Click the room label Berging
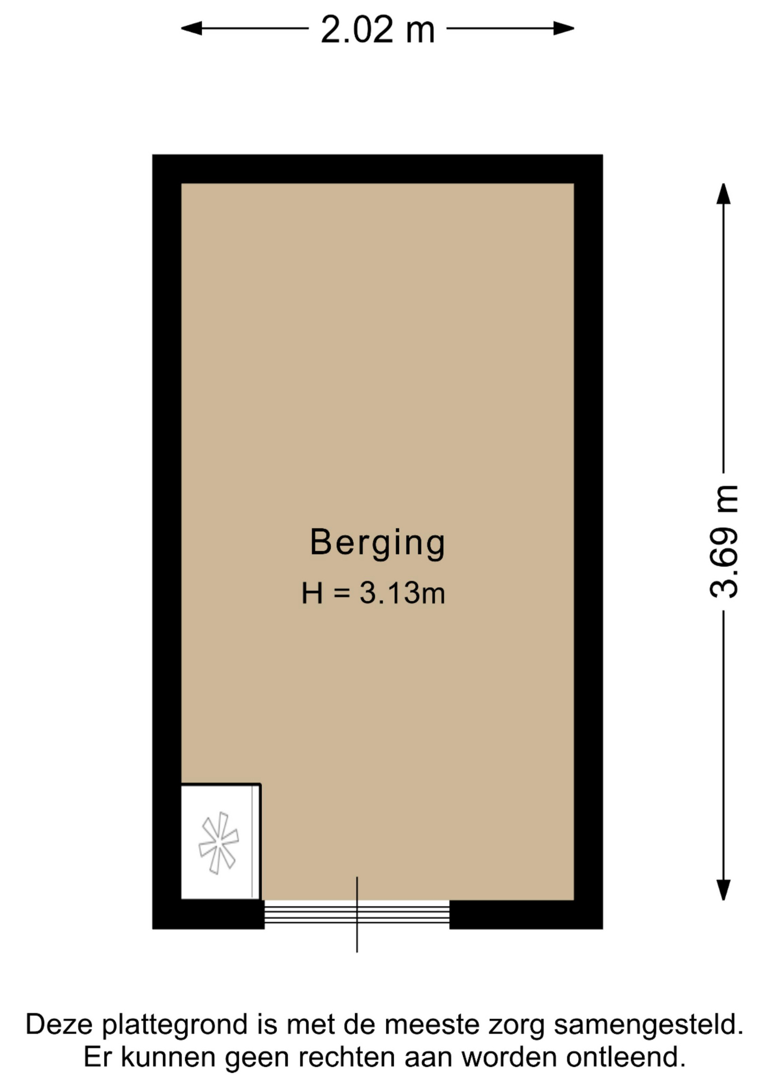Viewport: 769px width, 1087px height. [378, 543]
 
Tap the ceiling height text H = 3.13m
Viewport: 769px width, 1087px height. [373, 593]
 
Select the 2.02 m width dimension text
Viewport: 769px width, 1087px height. [378, 29]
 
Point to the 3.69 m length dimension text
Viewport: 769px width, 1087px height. [724, 541]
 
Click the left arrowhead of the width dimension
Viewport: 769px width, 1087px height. [191, 28]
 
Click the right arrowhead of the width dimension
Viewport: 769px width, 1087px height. [564, 28]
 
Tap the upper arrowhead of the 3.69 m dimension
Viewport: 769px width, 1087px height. [723, 194]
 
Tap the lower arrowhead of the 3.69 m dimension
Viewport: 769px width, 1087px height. [723, 889]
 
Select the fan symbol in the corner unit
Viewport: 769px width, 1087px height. [219, 843]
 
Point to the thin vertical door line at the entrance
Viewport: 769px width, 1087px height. [357, 914]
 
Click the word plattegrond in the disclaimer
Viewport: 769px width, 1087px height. [175, 1025]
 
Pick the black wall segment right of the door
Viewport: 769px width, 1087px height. [526, 914]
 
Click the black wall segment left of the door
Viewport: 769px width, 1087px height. [208, 914]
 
